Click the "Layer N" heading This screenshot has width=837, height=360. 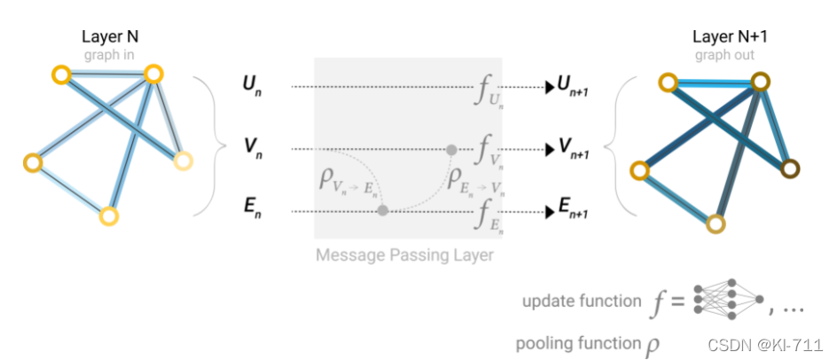click(110, 37)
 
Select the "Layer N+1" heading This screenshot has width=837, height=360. click(726, 37)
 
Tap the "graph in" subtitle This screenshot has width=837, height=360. click(110, 54)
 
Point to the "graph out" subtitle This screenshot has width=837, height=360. click(726, 54)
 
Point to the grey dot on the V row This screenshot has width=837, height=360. click(451, 149)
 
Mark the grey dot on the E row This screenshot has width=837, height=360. click(382, 211)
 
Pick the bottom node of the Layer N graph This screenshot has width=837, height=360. click(108, 215)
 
